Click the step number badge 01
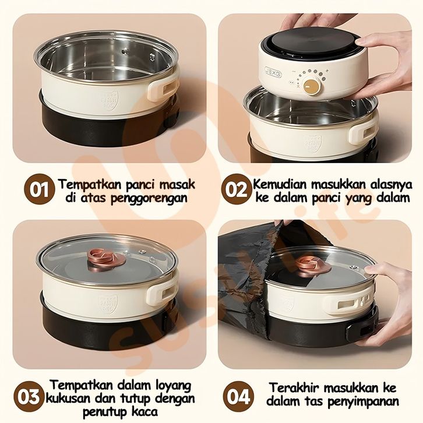(40, 189)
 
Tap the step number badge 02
(237, 189)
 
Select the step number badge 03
(29, 397)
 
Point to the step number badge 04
(238, 397)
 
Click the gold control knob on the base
(312, 86)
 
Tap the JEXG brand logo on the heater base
(273, 72)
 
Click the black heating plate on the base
(315, 43)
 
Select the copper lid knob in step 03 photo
(107, 258)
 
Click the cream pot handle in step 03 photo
(162, 295)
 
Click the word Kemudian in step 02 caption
(280, 185)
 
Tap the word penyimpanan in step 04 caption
(364, 401)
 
